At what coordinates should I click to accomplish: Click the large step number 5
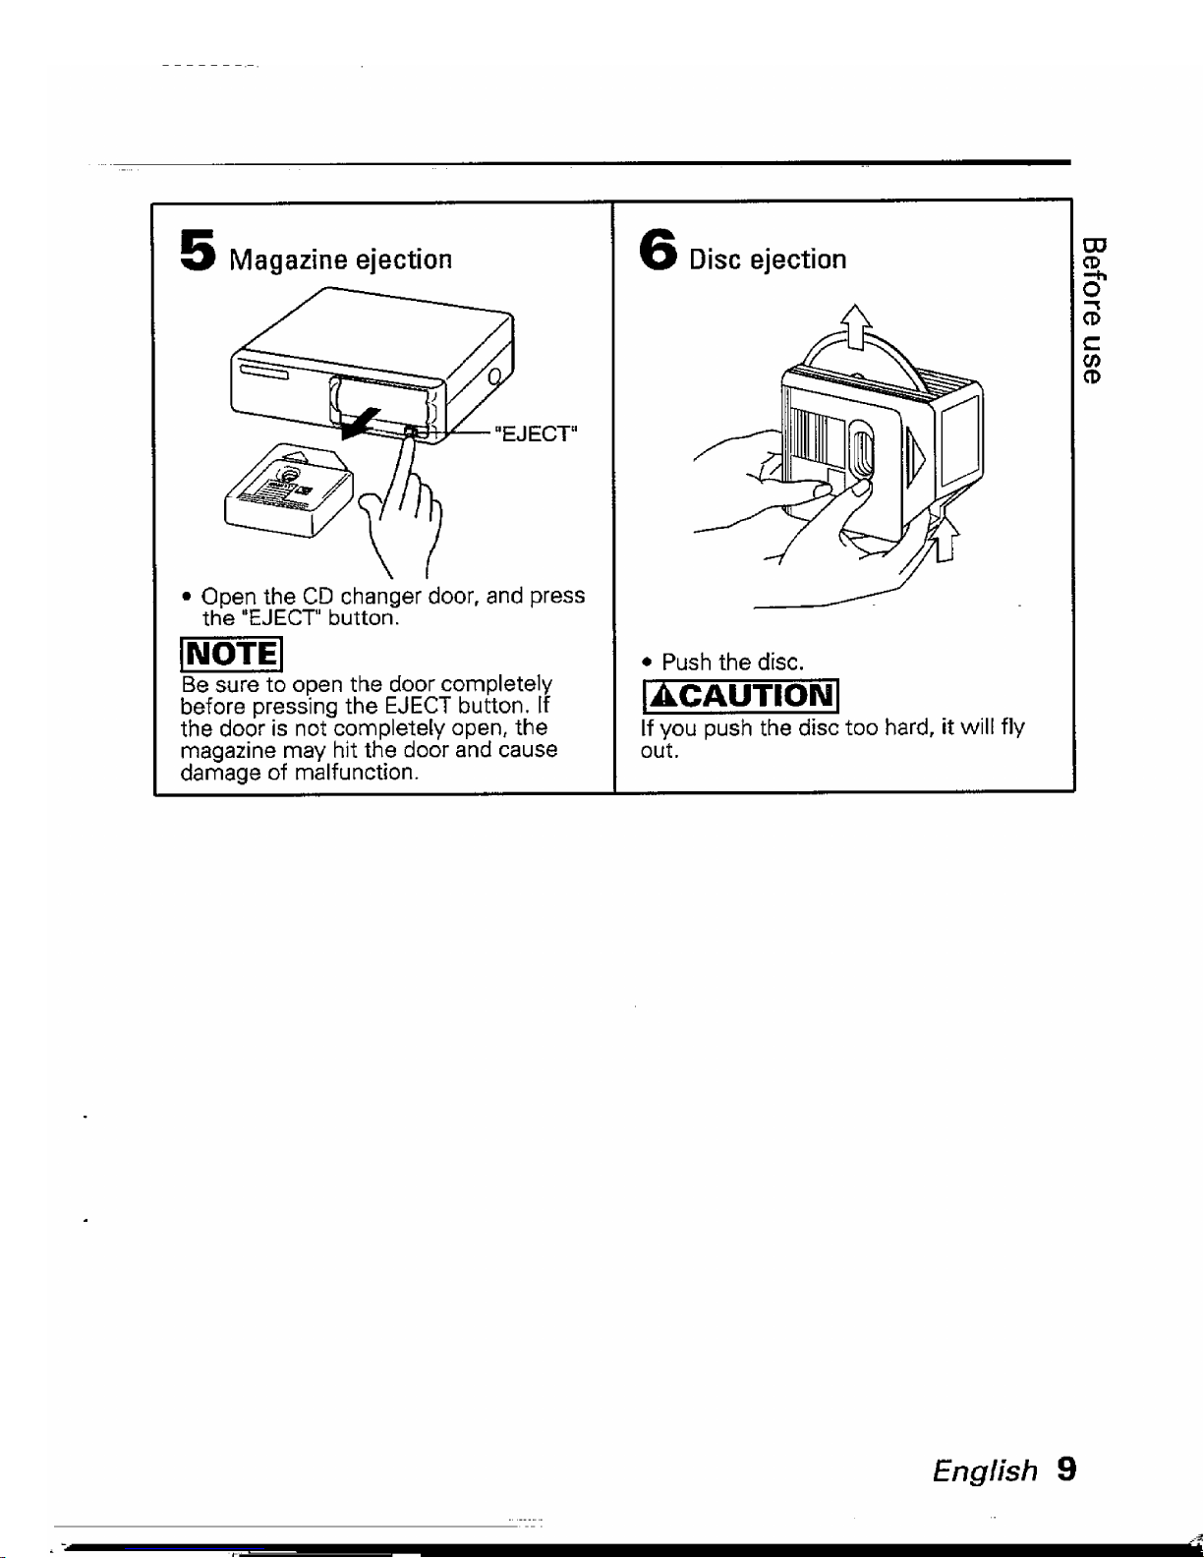point(198,251)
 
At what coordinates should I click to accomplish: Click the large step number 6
point(658,250)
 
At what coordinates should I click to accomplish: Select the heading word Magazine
point(288,260)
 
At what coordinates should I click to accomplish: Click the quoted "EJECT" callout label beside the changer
point(536,433)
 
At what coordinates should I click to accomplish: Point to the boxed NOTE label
point(231,654)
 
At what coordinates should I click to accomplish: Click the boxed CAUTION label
point(740,696)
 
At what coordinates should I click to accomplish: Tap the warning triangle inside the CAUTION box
point(661,696)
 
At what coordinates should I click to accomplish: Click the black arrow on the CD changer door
point(361,423)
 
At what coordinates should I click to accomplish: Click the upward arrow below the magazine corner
point(946,540)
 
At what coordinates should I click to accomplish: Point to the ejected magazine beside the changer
point(288,490)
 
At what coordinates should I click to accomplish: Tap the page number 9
point(1066,1470)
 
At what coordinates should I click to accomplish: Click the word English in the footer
point(985,1471)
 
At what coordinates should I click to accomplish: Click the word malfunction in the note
point(356,773)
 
